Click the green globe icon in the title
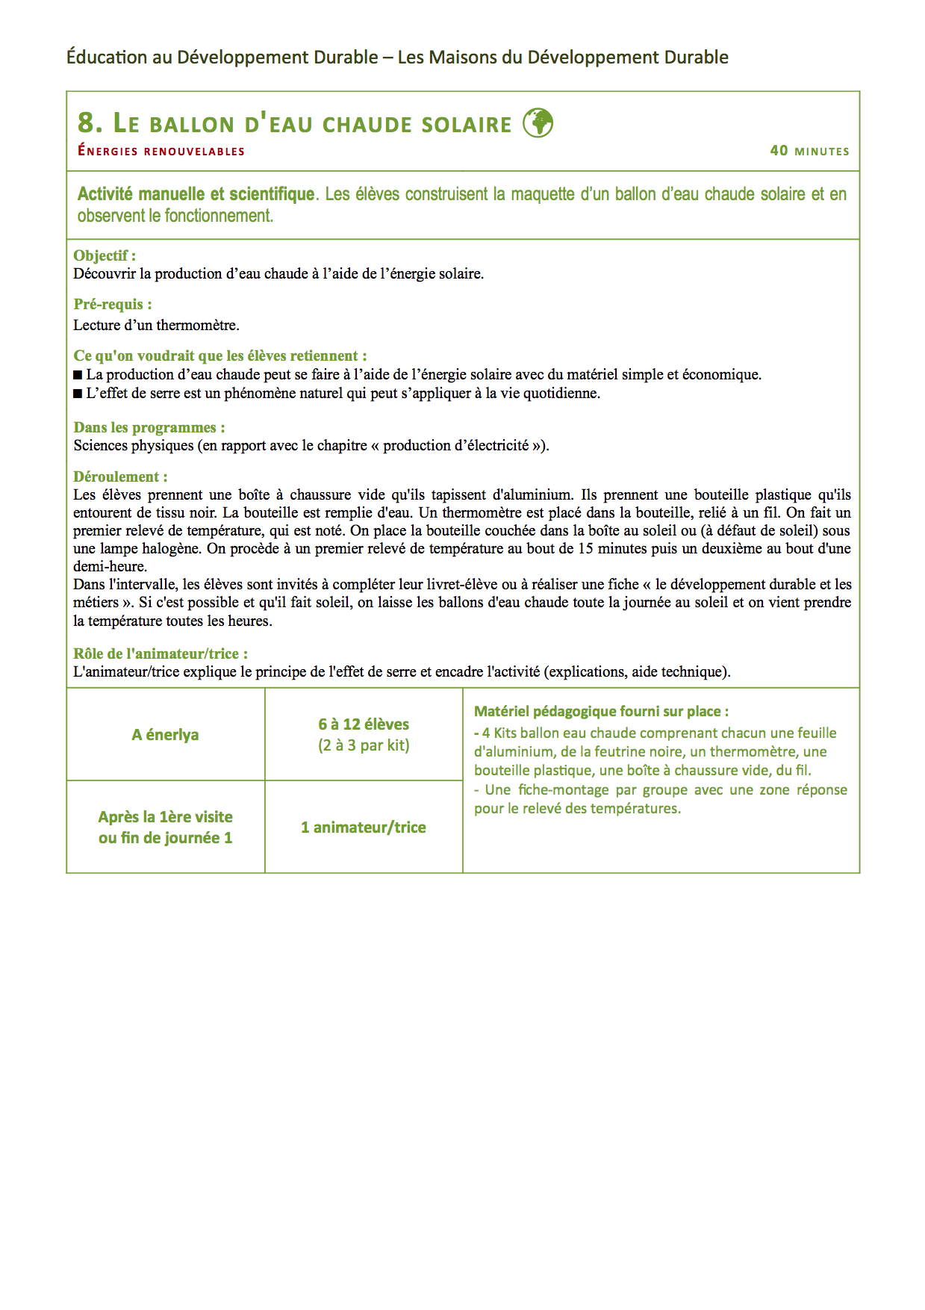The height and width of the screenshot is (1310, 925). tap(538, 122)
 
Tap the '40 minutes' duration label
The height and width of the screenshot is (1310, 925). tap(809, 151)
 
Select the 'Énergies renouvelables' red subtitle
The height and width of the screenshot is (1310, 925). tap(161, 151)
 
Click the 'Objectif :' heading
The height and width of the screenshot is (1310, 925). tap(105, 255)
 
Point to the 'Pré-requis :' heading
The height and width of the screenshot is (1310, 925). tap(113, 304)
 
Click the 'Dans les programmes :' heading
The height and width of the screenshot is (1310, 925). tap(149, 427)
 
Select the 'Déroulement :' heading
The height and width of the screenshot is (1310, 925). tap(120, 476)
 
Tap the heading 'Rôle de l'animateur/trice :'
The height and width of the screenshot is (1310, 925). tap(161, 654)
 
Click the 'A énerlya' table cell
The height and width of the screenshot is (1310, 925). tap(166, 735)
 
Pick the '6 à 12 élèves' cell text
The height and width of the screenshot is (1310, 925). tap(364, 724)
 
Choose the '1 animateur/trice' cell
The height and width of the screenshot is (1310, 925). tap(364, 828)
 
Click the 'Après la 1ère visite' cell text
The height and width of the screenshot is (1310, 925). tap(166, 817)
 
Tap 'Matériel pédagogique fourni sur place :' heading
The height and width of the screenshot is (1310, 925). tap(601, 712)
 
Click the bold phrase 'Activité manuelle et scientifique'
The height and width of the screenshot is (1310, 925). tap(196, 194)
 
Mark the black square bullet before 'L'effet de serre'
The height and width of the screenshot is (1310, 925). tap(78, 394)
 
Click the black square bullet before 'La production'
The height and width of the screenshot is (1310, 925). tap(78, 375)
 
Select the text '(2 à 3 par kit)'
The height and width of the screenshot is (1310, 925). tap(364, 745)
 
